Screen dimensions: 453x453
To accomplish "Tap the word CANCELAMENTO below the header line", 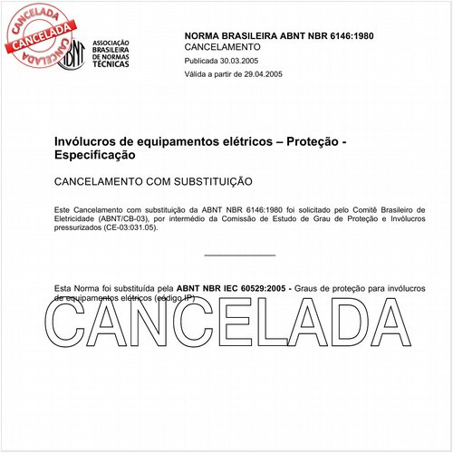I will point(223,47).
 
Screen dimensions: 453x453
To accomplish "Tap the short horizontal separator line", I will point(240,255).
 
